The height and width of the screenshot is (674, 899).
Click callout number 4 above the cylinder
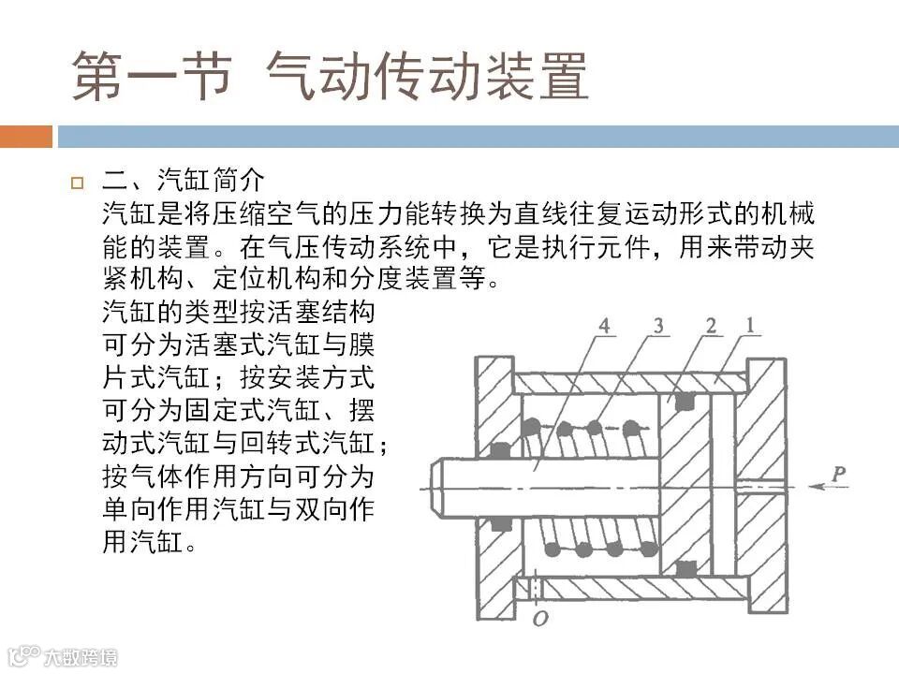point(606,327)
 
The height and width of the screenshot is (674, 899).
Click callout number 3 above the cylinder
point(660,327)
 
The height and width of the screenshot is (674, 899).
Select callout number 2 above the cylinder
point(712,327)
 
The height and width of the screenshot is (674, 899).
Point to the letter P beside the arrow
point(839,474)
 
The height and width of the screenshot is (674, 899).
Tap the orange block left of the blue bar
point(26,137)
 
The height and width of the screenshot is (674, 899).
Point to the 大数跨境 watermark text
point(84,657)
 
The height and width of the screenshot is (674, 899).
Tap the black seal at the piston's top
point(685,401)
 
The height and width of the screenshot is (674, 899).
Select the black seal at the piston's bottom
point(685,568)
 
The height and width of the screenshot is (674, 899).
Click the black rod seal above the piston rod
point(501,450)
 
